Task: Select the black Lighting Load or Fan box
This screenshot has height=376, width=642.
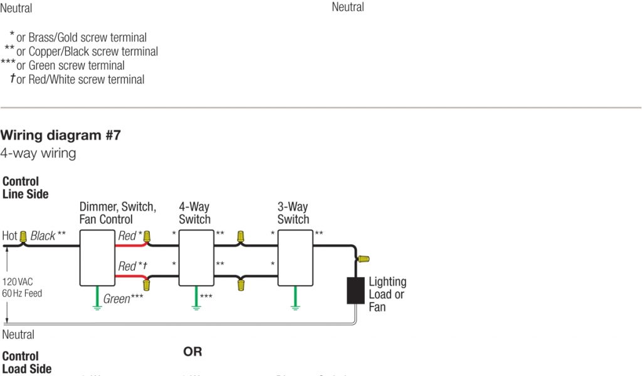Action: (x=356, y=291)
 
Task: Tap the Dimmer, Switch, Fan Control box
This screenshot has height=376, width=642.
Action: (x=98, y=258)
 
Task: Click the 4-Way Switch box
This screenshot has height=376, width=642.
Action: (x=197, y=258)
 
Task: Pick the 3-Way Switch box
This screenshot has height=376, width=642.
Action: (x=295, y=258)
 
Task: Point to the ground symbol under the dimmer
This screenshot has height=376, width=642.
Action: (x=98, y=305)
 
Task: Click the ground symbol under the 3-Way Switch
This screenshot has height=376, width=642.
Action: (x=295, y=305)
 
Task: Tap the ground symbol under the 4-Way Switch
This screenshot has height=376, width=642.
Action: (x=197, y=305)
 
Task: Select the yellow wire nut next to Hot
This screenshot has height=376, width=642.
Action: (x=23, y=236)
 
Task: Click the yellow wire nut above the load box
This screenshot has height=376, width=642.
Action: (x=363, y=258)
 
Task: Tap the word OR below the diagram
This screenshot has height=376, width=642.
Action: (x=192, y=352)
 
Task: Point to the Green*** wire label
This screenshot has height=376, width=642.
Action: (x=123, y=299)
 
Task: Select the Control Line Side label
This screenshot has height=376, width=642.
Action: (x=26, y=187)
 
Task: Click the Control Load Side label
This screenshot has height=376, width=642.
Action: (x=27, y=362)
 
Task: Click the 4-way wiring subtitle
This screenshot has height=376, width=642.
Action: (x=38, y=153)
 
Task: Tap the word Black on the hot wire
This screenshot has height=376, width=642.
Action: (x=43, y=236)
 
